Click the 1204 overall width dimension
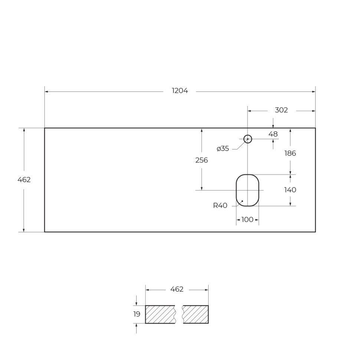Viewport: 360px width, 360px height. coord(180,91)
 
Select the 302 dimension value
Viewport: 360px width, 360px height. coord(281,110)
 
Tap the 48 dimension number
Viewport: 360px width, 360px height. coord(273,134)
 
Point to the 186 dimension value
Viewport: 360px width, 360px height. coord(290,153)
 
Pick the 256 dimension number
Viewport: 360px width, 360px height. coord(202,160)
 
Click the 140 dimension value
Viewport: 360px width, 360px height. coord(290,190)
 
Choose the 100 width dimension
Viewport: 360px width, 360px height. coord(247,220)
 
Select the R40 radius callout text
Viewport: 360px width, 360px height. coord(220,206)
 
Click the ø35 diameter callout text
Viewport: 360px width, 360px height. coord(223,149)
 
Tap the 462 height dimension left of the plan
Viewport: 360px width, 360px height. coord(24,180)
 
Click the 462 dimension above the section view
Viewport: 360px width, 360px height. coord(177,289)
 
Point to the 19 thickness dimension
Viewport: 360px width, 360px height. coord(137,314)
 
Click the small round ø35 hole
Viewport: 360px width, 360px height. coord(248,139)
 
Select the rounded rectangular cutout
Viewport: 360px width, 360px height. coord(248,190)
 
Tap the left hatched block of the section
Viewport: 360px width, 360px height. coord(160,314)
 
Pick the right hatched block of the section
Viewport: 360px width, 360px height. coord(196,314)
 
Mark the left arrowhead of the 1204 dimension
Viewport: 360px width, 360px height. coord(47,91)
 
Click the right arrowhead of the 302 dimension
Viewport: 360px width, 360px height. coord(313,111)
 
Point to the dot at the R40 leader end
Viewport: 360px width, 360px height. coord(242,201)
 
